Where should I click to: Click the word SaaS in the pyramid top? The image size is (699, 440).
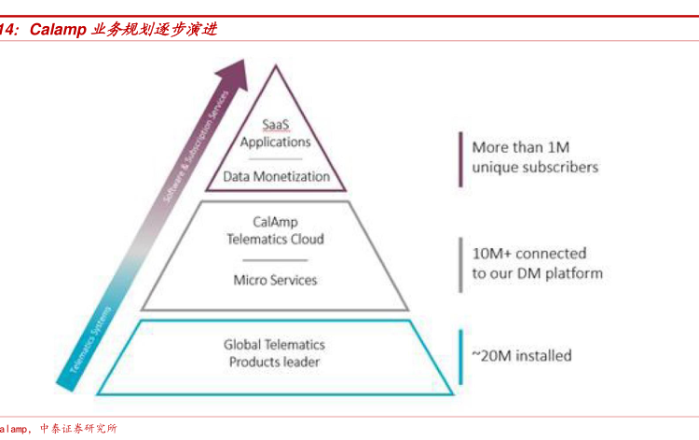pyautogui.click(x=275, y=124)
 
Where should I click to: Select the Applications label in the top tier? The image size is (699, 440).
pyautogui.click(x=275, y=142)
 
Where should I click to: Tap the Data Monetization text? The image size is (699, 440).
pyautogui.click(x=276, y=175)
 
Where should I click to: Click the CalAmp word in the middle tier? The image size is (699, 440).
pyautogui.click(x=275, y=222)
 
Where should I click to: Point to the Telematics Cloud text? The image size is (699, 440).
pyautogui.click(x=275, y=239)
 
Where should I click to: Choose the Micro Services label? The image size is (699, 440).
pyautogui.click(x=275, y=280)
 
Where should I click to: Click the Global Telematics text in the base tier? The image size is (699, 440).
pyautogui.click(x=275, y=344)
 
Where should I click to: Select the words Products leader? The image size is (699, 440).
pyautogui.click(x=275, y=361)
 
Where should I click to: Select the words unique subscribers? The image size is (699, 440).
pyautogui.click(x=535, y=167)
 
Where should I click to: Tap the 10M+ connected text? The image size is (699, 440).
pyautogui.click(x=528, y=254)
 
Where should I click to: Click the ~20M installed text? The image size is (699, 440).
pyautogui.click(x=521, y=355)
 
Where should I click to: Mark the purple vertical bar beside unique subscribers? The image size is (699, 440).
pyautogui.click(x=459, y=158)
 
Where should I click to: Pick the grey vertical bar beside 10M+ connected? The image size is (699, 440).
pyautogui.click(x=459, y=264)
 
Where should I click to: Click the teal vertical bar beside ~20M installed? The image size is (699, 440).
pyautogui.click(x=459, y=355)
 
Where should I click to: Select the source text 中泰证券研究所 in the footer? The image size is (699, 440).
pyautogui.click(x=79, y=429)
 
